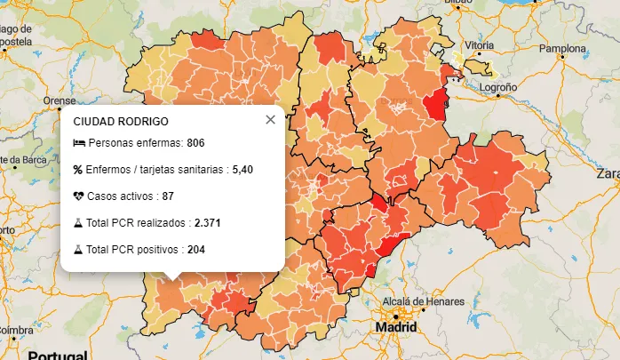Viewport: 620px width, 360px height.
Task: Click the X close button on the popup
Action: pos(270,120)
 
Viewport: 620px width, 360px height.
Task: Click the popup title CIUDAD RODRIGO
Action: pos(121,121)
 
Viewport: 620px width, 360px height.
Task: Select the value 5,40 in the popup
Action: pos(242,169)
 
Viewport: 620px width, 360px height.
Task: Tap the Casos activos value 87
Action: pos(168,196)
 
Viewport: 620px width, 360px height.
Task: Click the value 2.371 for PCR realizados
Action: pos(208,223)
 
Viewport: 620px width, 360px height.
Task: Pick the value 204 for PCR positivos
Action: pos(196,250)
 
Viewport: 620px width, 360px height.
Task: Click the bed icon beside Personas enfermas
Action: pos(78,143)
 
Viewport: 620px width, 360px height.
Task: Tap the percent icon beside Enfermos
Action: pos(78,169)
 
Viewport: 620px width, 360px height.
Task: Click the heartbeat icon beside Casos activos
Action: pos(78,196)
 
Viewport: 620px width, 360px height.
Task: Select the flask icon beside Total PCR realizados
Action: pos(78,223)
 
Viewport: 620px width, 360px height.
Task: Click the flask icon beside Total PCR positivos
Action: pos(78,250)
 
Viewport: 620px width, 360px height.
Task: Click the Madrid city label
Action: pos(396,327)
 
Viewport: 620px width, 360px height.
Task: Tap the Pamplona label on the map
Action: pos(560,48)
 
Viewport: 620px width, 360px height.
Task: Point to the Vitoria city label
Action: pos(479,44)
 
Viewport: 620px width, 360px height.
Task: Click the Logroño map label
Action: pos(498,88)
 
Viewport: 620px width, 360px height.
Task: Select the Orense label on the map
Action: pos(60,100)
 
